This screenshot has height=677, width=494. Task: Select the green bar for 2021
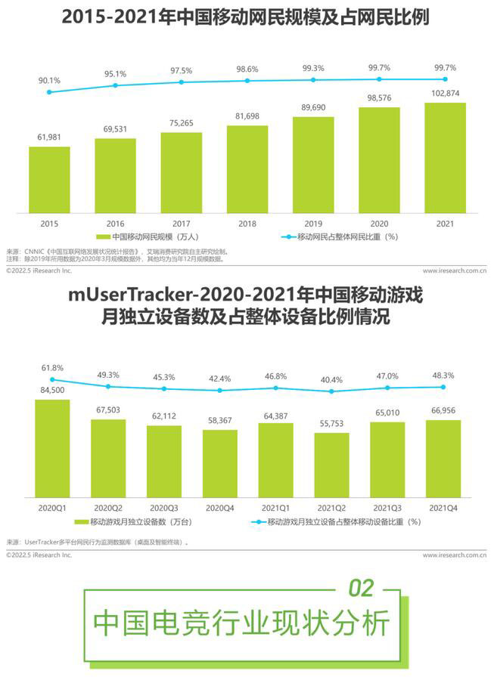coord(445,158)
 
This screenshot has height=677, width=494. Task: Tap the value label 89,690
coord(313,108)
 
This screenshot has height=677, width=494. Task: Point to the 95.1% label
coord(116,74)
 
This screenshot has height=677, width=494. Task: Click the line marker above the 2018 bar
coord(247,81)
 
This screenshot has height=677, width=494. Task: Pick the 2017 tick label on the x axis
coord(181,224)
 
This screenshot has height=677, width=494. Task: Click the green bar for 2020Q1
coord(52,446)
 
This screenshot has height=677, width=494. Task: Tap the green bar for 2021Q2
coord(331,462)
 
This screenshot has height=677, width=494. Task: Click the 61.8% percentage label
coord(52,367)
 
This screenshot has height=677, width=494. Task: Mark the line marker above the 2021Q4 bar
coord(443,387)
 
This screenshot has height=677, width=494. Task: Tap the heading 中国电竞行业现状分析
coord(241,624)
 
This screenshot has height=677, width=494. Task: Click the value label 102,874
coord(445,93)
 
